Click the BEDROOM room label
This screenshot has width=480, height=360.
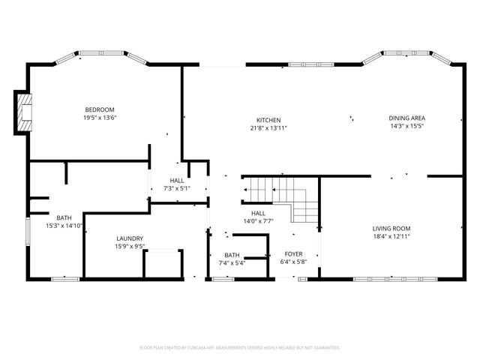[x=99, y=109]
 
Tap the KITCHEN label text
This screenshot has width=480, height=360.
[x=268, y=120]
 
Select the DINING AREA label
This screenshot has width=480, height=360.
[x=407, y=118]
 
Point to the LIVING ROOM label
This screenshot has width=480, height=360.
[x=391, y=228]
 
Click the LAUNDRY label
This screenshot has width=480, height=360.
[x=129, y=238]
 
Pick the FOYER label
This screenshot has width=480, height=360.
[x=292, y=254]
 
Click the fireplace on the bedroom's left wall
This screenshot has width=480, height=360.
[x=25, y=112]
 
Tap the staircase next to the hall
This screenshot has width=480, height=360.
[x=281, y=196]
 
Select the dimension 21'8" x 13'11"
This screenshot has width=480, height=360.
[x=268, y=128]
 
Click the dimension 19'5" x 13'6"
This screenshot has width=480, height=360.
[x=99, y=117]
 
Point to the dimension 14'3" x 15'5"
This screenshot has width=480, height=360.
[x=407, y=126]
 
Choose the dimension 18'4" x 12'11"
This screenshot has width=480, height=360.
[x=391, y=236]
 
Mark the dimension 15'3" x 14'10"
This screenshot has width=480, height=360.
[x=64, y=225]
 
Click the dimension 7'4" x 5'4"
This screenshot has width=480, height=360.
[x=232, y=262]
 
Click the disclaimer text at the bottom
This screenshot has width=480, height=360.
[x=240, y=348]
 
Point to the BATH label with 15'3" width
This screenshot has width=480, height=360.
[x=64, y=217]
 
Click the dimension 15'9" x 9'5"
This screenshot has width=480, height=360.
[x=129, y=246]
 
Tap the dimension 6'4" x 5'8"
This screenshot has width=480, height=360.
[x=292, y=262]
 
